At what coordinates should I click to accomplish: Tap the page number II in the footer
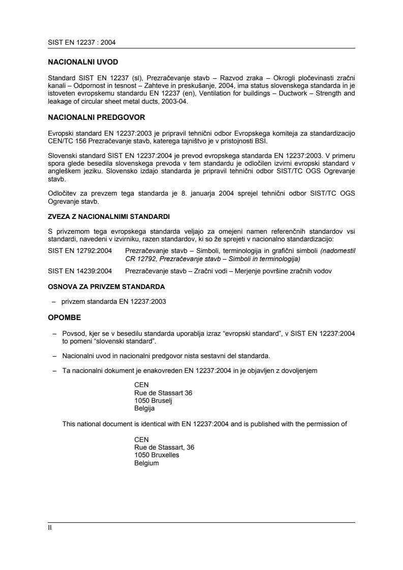pyautogui.click(x=44, y=528)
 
